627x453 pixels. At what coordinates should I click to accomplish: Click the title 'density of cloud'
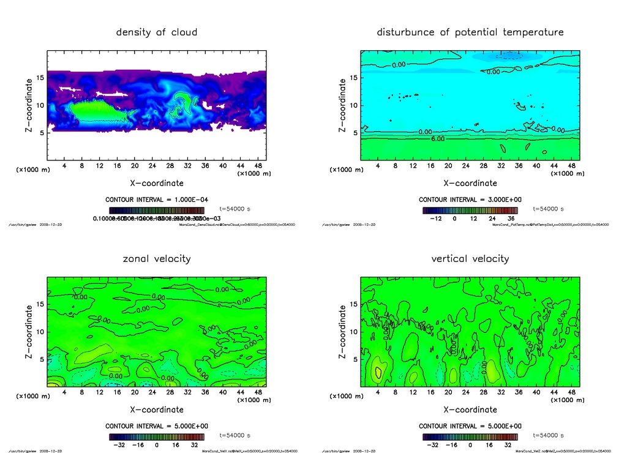click(x=157, y=32)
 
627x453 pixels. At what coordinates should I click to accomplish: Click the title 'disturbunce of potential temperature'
click(x=470, y=32)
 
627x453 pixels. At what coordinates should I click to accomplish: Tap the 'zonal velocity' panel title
click(x=157, y=258)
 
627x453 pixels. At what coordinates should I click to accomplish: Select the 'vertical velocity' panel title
click(x=470, y=258)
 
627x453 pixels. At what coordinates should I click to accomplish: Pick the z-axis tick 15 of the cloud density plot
click(x=40, y=78)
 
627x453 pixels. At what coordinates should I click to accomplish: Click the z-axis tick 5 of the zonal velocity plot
click(x=42, y=359)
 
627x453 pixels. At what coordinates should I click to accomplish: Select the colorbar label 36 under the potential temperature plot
click(x=509, y=217)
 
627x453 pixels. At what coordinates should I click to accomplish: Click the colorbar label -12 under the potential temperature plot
click(x=435, y=217)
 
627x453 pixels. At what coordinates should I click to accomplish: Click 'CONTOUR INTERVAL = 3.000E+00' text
click(x=470, y=200)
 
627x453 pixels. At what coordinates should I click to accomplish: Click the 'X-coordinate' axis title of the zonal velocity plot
click(x=157, y=409)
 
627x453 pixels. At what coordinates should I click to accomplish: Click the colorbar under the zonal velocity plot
click(x=157, y=437)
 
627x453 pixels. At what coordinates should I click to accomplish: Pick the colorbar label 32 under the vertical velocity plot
click(x=508, y=445)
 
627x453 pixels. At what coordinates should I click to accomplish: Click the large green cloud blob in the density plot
click(x=92, y=111)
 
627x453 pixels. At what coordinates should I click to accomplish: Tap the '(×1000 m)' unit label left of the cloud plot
click(x=30, y=170)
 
